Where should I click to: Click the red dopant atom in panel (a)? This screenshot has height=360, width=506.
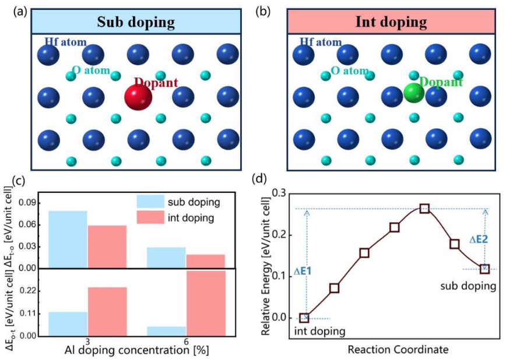click(138, 97)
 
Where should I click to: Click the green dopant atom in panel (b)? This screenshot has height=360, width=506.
click(414, 93)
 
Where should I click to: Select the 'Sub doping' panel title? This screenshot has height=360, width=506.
click(136, 22)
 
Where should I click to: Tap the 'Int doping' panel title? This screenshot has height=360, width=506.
click(391, 22)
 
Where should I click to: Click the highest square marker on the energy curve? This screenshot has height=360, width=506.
click(424, 209)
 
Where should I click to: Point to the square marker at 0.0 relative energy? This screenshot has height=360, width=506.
click(304, 318)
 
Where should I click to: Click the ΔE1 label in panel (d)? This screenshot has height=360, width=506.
click(303, 271)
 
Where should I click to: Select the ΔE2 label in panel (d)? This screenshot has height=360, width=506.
click(478, 239)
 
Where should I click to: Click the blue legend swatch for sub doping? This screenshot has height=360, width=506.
click(150, 202)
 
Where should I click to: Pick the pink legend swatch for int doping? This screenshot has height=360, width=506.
click(150, 217)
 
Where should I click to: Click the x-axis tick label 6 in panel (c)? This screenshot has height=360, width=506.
click(186, 341)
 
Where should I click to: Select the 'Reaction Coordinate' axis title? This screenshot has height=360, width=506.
click(398, 350)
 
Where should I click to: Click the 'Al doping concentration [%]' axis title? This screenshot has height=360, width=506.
click(137, 350)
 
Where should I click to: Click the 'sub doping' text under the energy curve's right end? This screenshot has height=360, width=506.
click(468, 286)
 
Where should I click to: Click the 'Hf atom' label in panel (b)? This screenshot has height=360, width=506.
click(321, 42)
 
